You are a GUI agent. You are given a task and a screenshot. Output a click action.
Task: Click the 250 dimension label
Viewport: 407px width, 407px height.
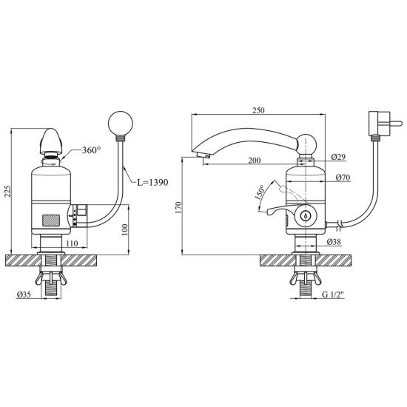tap(258, 110)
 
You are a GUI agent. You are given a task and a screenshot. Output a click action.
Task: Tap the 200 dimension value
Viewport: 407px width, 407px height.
tap(255, 160)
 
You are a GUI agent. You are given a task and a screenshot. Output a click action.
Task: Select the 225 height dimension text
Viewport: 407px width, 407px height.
tap(8, 192)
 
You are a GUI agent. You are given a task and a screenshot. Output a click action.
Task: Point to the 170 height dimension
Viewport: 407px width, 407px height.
tap(178, 207)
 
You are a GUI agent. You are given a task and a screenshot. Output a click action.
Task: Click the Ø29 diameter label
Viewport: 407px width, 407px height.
tap(338, 157)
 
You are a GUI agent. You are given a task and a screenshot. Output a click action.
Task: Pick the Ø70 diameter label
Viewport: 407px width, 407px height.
tap(343, 178)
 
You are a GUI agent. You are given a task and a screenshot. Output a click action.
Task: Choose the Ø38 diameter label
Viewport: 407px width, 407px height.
tap(334, 242)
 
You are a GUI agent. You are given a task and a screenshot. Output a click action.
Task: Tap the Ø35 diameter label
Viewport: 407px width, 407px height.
tap(24, 295)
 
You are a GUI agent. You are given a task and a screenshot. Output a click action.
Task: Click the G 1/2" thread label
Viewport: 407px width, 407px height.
tap(333, 295)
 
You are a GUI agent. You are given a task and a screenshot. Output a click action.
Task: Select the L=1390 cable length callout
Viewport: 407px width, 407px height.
tap(152, 182)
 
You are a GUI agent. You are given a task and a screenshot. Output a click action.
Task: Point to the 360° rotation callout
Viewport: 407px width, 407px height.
tap(91, 150)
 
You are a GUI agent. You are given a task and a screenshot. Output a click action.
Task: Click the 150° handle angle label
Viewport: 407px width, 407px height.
tap(260, 192)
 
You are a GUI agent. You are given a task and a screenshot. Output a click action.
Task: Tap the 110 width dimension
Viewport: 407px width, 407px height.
tap(72, 243)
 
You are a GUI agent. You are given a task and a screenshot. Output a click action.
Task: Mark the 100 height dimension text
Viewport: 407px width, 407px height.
tap(125, 229)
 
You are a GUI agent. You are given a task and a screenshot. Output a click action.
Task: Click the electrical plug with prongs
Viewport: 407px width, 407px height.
tap(383, 124)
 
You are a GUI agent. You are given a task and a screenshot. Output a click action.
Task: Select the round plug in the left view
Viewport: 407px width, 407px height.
tap(120, 124)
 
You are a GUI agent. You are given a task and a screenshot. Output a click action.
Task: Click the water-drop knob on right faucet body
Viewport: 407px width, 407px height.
tap(306, 215)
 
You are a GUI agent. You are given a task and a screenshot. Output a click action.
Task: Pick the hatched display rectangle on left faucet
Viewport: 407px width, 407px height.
tap(51, 220)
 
